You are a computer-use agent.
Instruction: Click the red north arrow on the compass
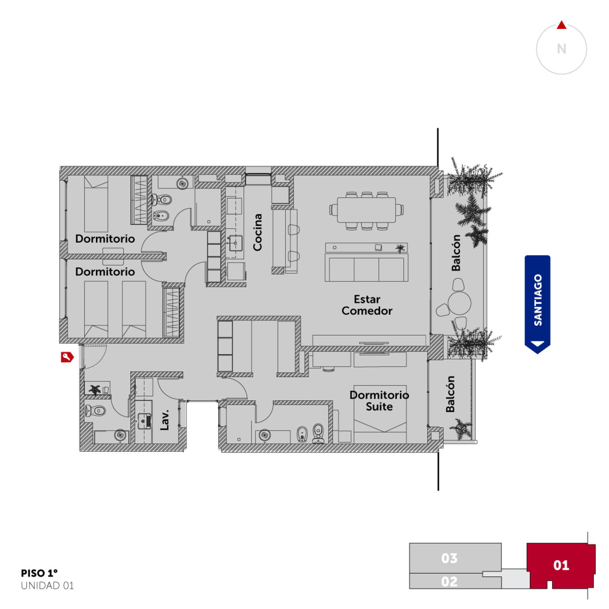561,26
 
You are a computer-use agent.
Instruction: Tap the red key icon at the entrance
67,357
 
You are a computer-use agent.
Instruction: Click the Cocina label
258,232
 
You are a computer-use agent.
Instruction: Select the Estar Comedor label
367,305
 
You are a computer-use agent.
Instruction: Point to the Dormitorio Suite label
379,401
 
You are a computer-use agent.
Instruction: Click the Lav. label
164,420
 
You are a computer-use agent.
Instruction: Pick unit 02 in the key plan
449,582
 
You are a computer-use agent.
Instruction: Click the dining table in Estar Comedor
367,210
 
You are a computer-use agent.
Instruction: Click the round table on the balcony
459,303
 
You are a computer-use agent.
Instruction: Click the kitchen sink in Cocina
236,243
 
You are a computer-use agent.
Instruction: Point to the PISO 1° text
39,573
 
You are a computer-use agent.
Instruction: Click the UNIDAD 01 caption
47,585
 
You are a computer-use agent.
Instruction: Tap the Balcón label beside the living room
456,253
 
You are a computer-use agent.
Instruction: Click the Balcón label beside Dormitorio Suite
450,394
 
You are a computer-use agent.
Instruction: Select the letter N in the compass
561,49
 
